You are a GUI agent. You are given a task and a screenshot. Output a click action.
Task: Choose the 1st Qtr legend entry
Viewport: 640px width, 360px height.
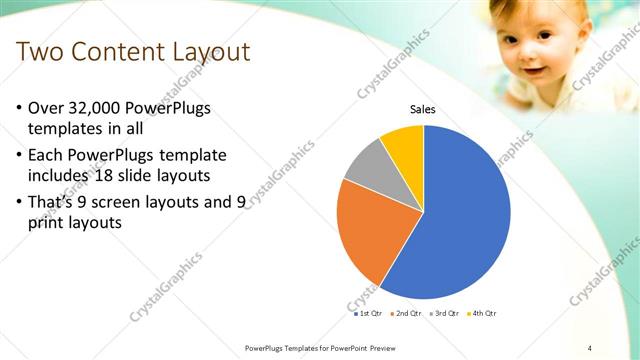tap(371, 313)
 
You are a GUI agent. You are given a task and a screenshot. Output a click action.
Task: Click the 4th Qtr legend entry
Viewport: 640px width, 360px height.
tap(483, 313)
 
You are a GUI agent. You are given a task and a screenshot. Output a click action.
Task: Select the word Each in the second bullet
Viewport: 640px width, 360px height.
tap(51, 155)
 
